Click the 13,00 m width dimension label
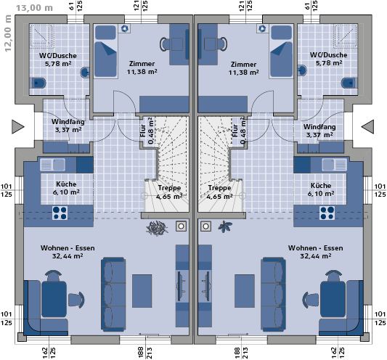point(35,8)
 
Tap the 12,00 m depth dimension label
point(8,33)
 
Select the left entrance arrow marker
point(18,127)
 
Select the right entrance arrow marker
point(367,127)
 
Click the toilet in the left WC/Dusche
point(38,83)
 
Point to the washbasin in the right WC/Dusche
point(302,70)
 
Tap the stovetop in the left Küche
point(60,213)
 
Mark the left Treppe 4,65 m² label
point(169,192)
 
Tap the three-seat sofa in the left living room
point(113,294)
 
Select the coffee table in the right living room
point(245,291)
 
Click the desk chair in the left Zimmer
point(165,44)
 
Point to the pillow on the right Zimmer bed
point(282,32)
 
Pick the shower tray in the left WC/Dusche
point(41,36)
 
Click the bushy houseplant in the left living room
point(157,228)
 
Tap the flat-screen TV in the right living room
point(206,286)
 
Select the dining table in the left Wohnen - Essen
point(54,299)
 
